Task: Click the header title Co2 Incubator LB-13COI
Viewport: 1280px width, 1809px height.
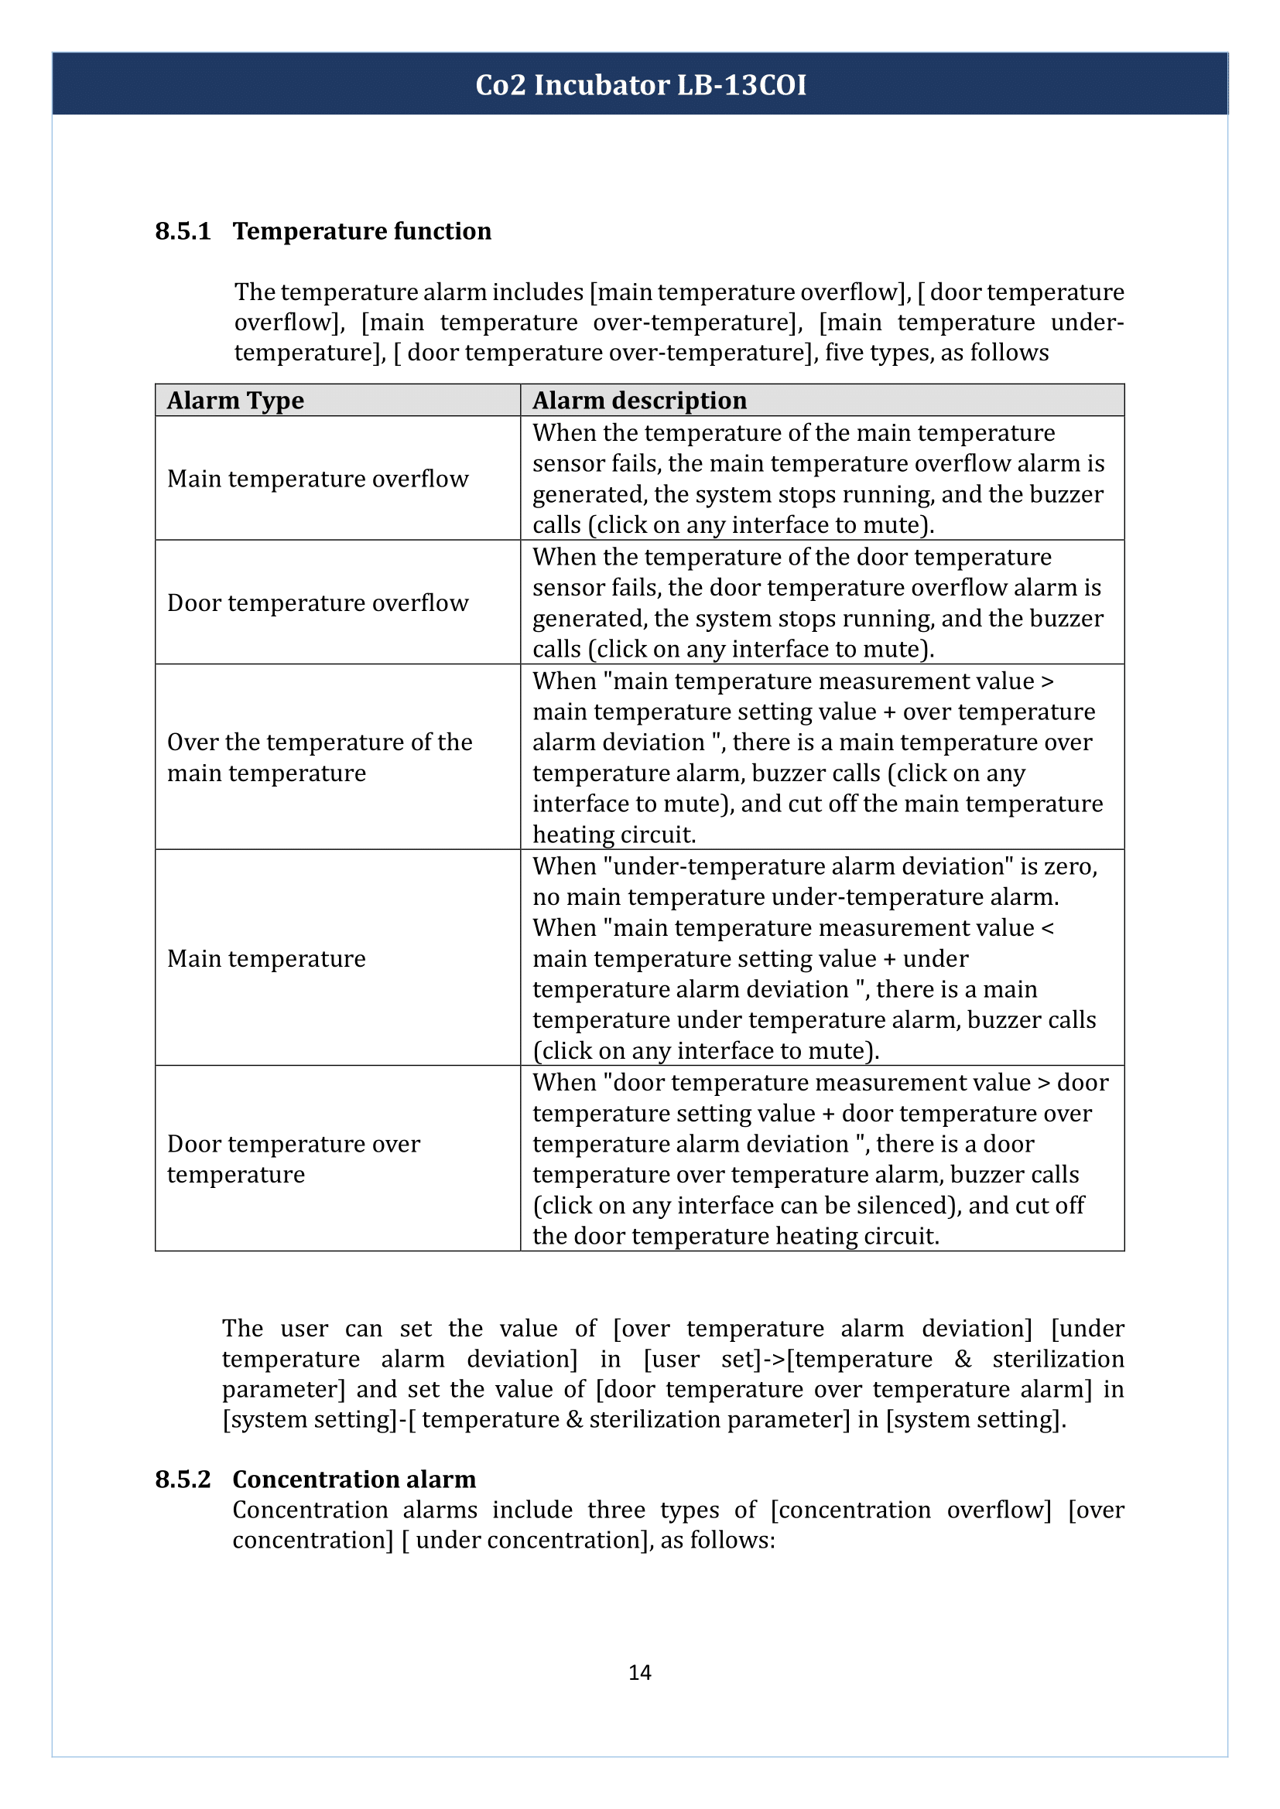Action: click(x=640, y=85)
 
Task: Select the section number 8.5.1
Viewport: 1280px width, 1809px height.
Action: click(x=183, y=232)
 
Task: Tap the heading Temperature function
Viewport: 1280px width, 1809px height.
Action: click(x=361, y=232)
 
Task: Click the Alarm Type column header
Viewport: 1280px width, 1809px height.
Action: click(x=235, y=401)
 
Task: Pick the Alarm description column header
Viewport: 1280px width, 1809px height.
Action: click(x=639, y=401)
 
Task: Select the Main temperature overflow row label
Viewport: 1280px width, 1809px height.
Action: click(x=317, y=479)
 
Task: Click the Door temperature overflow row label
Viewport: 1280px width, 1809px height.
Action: click(x=317, y=602)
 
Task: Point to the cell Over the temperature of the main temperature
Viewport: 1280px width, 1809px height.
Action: click(x=319, y=757)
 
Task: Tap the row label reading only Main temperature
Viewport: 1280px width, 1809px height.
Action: click(x=266, y=959)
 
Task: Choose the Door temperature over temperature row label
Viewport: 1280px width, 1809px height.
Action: click(x=293, y=1159)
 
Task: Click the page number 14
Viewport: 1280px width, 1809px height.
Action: click(x=639, y=1672)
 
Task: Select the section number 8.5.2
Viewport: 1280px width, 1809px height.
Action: click(x=183, y=1480)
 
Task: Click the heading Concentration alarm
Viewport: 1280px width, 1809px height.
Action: click(x=354, y=1480)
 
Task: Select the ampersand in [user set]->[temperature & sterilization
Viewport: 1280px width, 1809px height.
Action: click(x=963, y=1359)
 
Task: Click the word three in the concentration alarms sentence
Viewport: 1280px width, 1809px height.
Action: click(x=615, y=1510)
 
